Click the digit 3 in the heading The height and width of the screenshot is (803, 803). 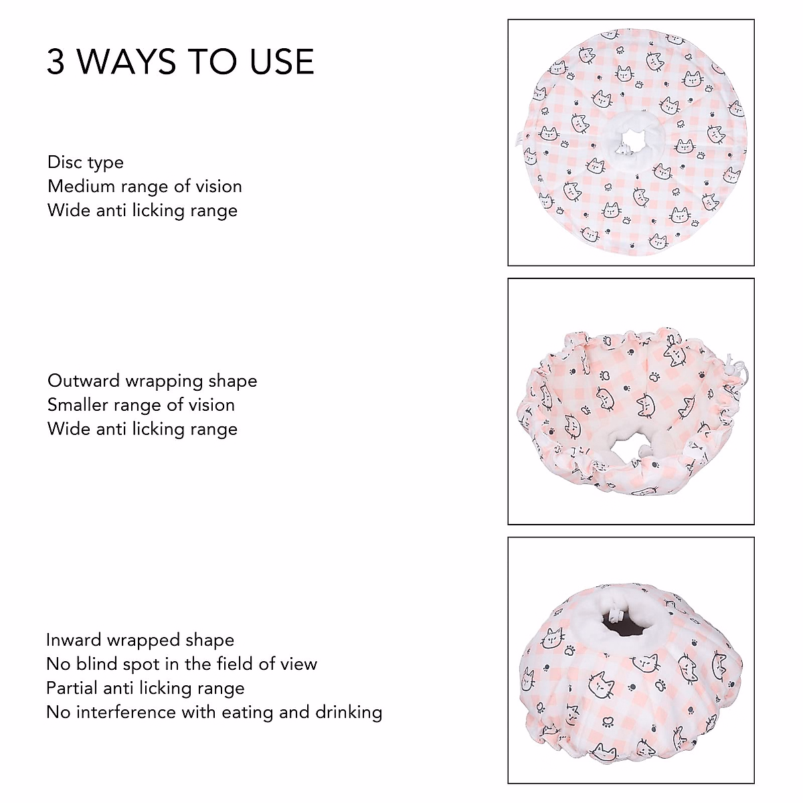click(56, 62)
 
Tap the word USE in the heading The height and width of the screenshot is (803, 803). click(282, 62)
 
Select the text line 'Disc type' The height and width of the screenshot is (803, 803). click(86, 163)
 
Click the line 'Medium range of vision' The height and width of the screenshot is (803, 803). click(145, 186)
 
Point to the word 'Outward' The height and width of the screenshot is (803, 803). click(84, 381)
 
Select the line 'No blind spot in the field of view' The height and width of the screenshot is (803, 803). click(182, 664)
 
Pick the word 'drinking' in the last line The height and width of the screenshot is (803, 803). click(349, 712)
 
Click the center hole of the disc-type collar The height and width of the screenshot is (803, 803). click(625, 143)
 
